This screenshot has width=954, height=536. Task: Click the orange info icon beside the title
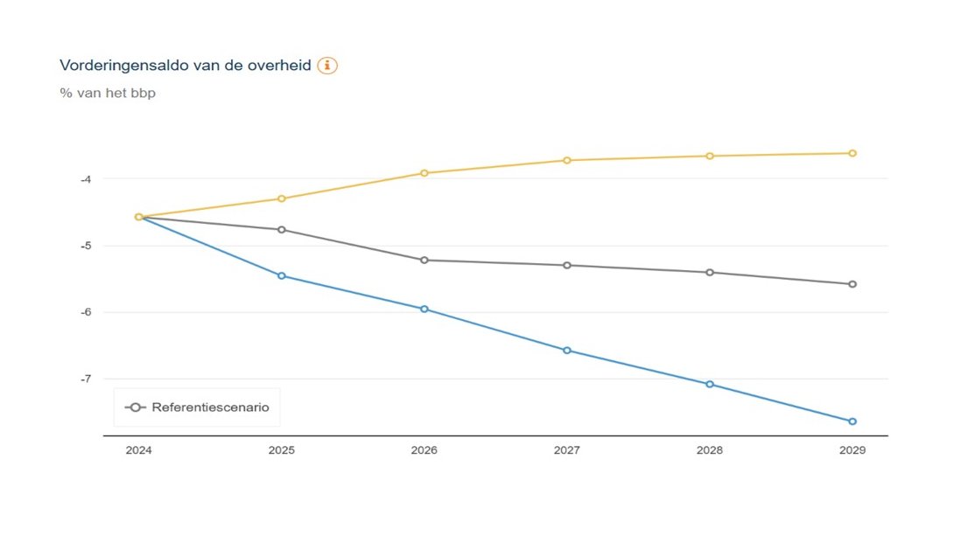327,66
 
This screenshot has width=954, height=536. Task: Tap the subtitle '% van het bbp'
108,93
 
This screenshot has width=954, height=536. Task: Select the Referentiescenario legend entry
197,407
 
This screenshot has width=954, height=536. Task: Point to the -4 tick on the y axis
85,179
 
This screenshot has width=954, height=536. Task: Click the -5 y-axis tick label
85,246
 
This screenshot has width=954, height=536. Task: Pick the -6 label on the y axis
85,312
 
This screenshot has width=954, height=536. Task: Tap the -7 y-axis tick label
85,379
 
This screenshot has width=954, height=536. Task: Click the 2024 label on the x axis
138,450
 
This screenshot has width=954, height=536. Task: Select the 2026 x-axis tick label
424,450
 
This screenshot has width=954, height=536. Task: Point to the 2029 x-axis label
852,450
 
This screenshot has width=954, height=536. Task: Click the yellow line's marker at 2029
852,153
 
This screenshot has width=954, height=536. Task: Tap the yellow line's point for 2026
424,173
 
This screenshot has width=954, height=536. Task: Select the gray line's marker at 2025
282,230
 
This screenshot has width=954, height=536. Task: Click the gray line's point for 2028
710,272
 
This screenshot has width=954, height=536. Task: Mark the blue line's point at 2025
282,275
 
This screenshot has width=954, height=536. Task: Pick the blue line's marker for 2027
567,351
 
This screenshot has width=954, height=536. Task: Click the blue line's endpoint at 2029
852,421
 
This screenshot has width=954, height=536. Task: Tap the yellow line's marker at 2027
567,160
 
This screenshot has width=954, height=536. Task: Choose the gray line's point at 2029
852,284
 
